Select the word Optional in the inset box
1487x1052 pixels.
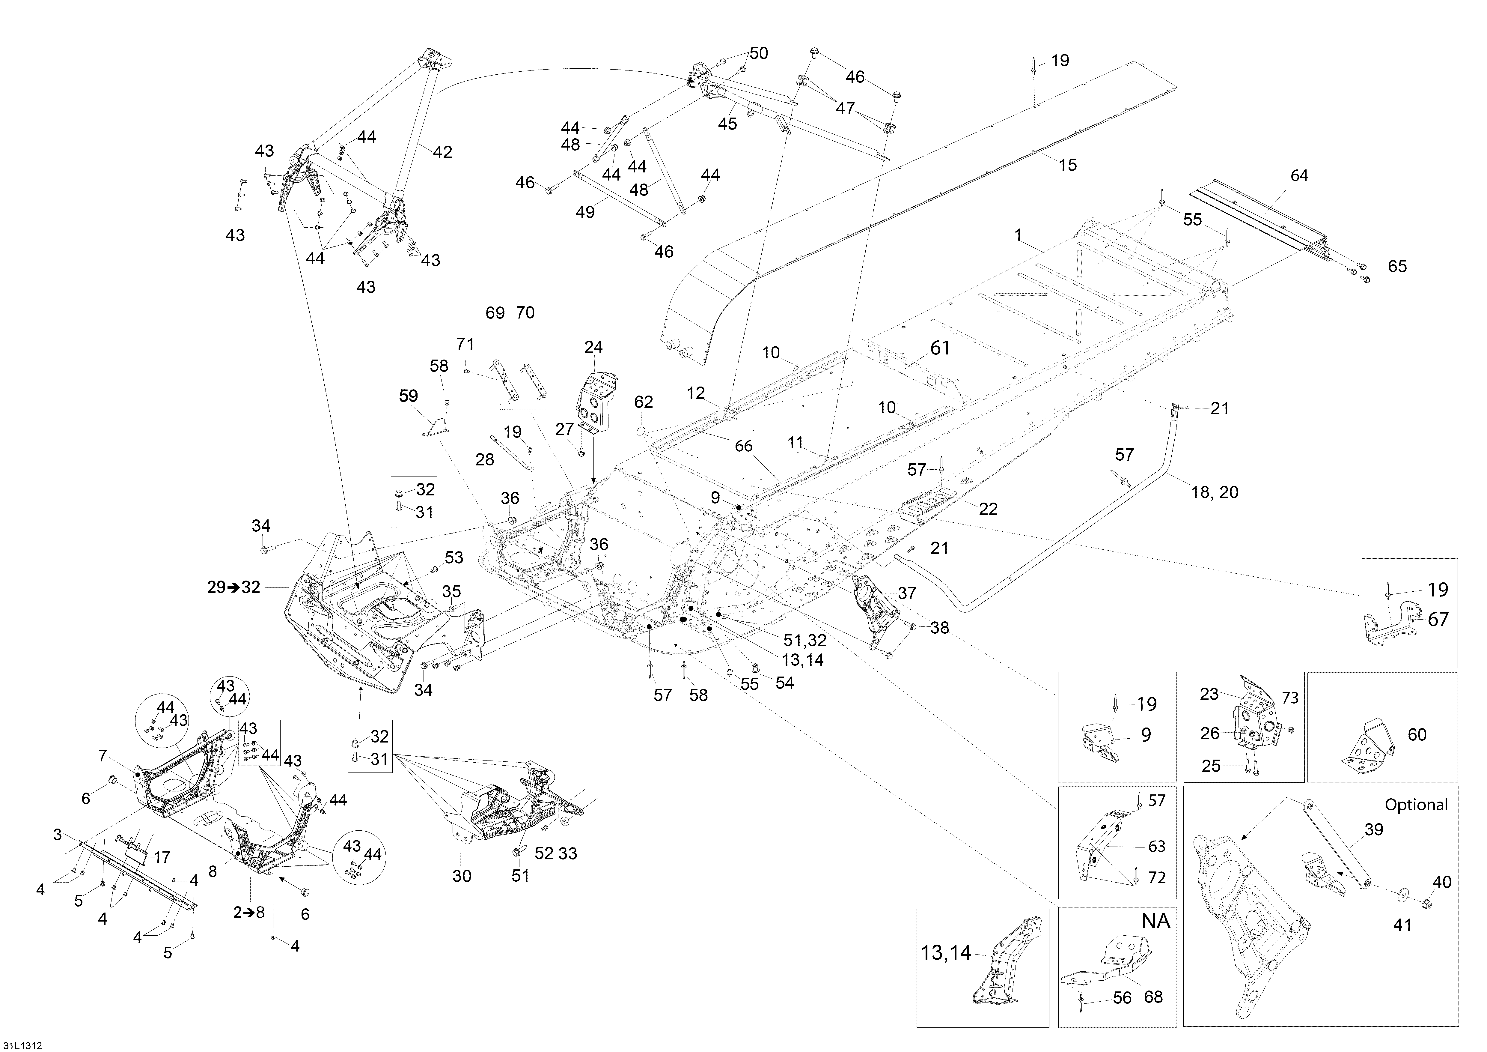tap(1416, 805)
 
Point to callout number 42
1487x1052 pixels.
tap(442, 152)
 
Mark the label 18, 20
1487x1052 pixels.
tap(1214, 492)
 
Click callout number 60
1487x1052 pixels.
tap(1417, 735)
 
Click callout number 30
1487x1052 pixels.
tap(462, 876)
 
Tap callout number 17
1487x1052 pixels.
tap(161, 857)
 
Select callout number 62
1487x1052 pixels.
tap(643, 402)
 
